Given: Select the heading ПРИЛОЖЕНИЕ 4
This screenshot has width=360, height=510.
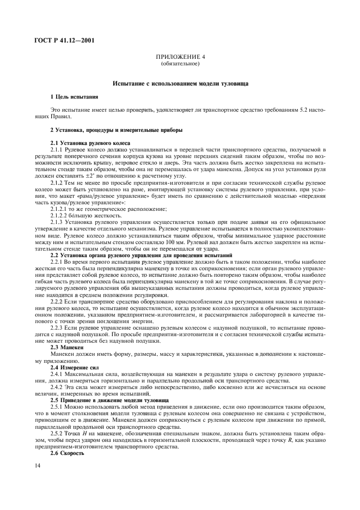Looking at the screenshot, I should tap(180, 57).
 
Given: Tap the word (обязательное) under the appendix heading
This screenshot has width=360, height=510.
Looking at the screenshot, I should tap(180, 64).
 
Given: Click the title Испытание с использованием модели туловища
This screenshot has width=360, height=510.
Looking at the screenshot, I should tap(180, 84).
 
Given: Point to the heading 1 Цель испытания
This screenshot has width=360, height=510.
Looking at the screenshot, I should tap(74, 96).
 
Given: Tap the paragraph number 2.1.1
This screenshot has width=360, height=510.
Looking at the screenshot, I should tap(57, 148).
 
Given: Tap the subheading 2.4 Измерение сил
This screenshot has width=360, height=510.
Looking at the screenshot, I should tap(75, 353).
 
